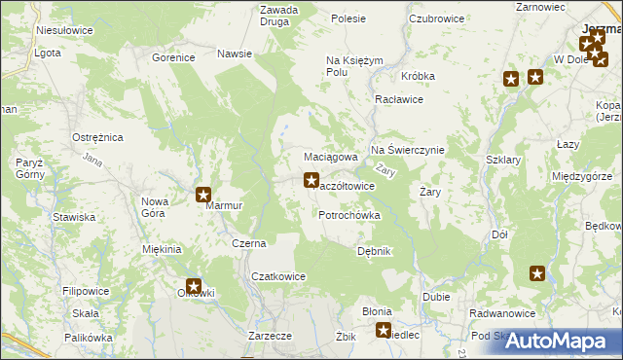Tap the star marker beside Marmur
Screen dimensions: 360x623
coord(203,195)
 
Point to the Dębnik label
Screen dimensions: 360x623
coord(374,251)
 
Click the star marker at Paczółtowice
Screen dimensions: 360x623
coord(311,179)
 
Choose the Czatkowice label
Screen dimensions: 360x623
coord(278,276)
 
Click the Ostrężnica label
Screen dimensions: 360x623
coord(97,138)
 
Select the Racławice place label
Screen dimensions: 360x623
coord(398,99)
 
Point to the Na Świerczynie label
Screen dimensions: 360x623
coord(407,150)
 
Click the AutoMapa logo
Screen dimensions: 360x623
coord(565,341)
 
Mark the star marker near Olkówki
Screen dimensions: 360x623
coord(194,286)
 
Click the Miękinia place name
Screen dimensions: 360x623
coord(163,250)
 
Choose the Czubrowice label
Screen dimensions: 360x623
coord(435,18)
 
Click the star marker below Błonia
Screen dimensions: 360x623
coord(384,330)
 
